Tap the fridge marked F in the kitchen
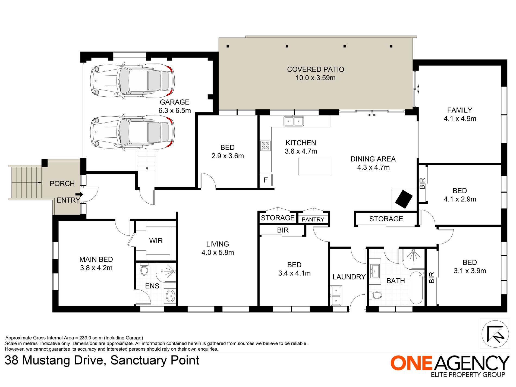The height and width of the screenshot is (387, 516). pyautogui.click(x=266, y=180)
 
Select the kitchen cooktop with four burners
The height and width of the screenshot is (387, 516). pyautogui.click(x=265, y=146)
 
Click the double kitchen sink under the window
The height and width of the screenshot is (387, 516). pyautogui.click(x=294, y=121)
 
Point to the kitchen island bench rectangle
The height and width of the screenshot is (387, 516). pyautogui.click(x=314, y=166)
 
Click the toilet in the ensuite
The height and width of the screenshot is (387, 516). pyautogui.click(x=144, y=269)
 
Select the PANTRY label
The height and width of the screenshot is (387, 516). pyautogui.click(x=313, y=219)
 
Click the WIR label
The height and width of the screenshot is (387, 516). pyautogui.click(x=156, y=241)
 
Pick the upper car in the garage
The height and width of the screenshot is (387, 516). pyautogui.click(x=133, y=81)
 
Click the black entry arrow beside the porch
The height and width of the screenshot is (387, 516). pyautogui.click(x=79, y=194)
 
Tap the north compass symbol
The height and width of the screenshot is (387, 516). pyautogui.click(x=495, y=334)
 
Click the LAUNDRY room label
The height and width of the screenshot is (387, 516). pyautogui.click(x=349, y=277)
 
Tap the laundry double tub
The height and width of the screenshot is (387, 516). pyautogui.click(x=336, y=295)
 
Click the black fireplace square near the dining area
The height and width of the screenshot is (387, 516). pyautogui.click(x=404, y=199)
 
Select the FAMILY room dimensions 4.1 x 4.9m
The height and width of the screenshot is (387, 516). pyautogui.click(x=460, y=119)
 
